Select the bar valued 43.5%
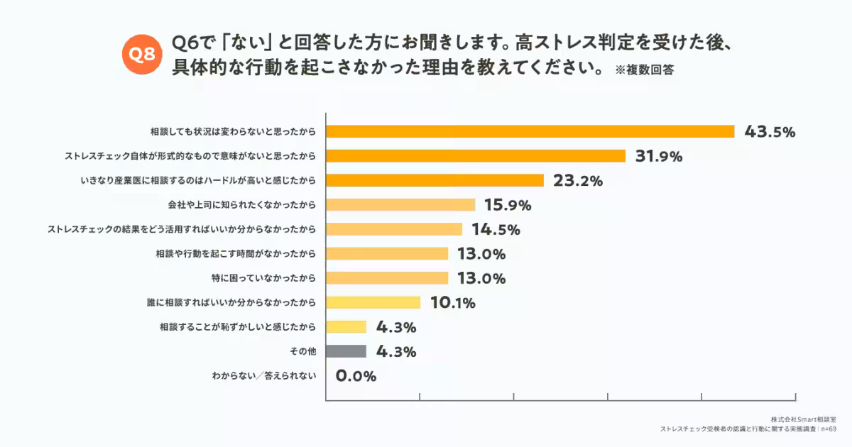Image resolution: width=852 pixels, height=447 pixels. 530,131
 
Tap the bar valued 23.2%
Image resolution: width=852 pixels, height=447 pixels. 435,180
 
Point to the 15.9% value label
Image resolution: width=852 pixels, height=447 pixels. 508,205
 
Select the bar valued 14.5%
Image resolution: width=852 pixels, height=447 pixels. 394,229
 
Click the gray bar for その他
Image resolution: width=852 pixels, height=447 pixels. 346,351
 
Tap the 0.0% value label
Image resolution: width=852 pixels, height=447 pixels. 356,376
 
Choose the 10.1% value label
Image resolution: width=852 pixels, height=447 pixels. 452,303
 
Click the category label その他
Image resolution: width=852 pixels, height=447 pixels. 307,351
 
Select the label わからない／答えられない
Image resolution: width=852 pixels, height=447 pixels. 264,376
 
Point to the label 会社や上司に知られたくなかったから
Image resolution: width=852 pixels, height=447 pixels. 242,205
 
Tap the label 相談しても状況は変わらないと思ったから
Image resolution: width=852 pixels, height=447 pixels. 233,131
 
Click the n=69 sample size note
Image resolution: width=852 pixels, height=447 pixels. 831,429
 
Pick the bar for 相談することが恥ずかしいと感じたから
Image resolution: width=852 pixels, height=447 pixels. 346,327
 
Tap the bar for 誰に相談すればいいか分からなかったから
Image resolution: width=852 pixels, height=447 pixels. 373,302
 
